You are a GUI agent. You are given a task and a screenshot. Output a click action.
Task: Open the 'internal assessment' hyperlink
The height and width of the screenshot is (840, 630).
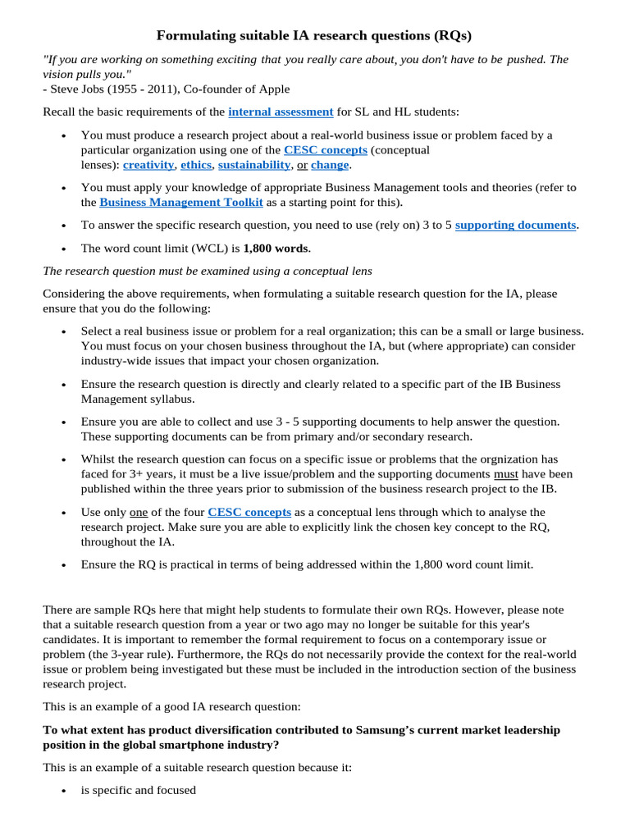point(281,112)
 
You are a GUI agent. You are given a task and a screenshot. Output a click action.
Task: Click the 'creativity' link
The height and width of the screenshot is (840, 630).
point(148,164)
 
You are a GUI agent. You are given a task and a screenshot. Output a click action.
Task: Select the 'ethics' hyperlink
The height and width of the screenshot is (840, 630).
point(196,164)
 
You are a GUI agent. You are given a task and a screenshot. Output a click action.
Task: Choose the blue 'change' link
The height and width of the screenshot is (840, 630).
point(330,164)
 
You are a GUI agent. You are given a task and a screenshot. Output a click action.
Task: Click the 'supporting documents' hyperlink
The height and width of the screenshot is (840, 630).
point(516,225)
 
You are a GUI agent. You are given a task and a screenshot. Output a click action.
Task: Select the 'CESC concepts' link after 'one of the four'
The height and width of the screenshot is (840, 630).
point(249,512)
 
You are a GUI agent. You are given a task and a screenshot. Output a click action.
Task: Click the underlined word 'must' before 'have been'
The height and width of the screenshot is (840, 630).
point(506,474)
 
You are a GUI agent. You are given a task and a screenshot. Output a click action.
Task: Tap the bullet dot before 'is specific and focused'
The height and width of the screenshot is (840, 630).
point(64,791)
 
